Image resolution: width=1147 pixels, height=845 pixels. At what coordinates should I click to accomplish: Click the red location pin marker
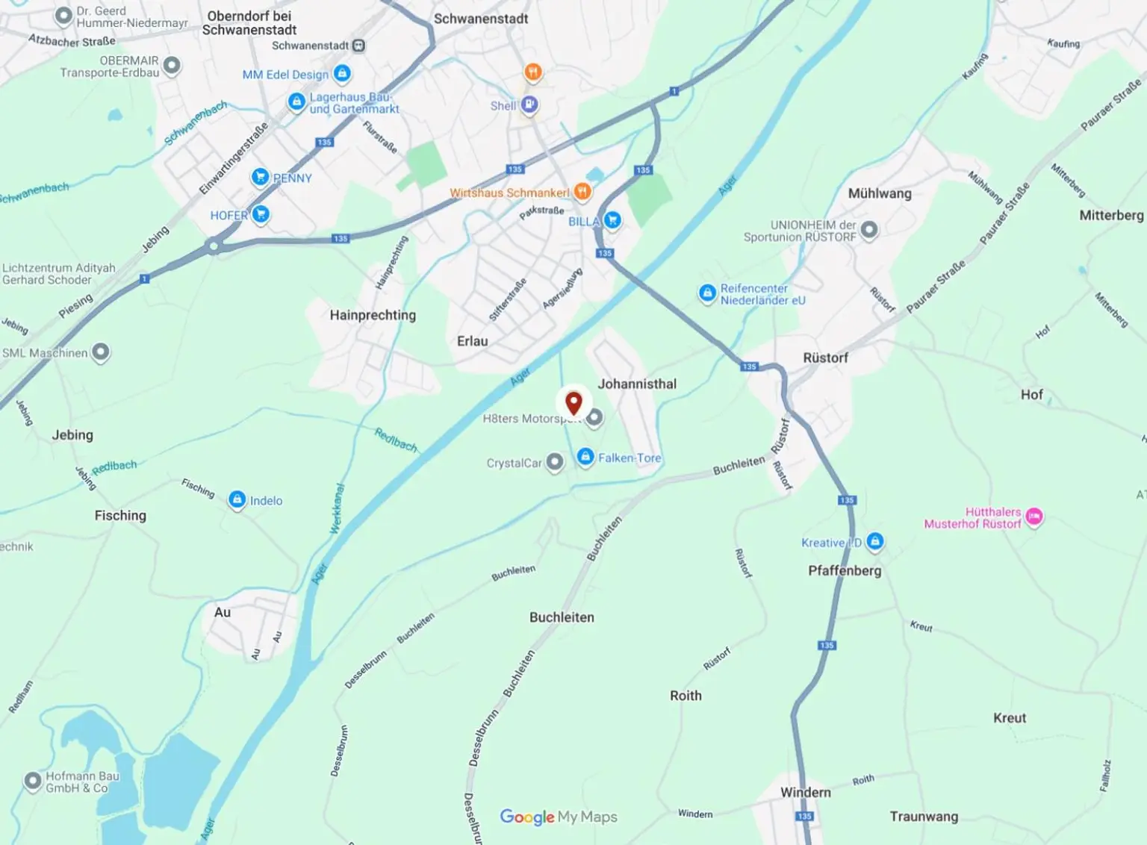pos(573,403)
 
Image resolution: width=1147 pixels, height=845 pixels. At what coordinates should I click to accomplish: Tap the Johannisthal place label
pos(637,384)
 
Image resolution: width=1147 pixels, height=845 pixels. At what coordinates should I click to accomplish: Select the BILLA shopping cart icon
pos(612,219)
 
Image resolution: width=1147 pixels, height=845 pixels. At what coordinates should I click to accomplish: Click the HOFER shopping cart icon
pos(261,214)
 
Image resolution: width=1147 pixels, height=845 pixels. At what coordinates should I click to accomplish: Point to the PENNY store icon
pos(260,176)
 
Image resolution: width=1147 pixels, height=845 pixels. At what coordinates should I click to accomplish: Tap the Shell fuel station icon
pos(529,105)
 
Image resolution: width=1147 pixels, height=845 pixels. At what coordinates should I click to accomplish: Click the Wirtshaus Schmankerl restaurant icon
pos(582,192)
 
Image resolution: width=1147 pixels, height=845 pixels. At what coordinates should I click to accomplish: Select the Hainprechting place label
pos(373,315)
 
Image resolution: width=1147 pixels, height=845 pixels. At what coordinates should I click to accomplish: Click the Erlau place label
pos(472,341)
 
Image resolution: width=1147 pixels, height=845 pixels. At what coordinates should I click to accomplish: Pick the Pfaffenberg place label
pos(845,570)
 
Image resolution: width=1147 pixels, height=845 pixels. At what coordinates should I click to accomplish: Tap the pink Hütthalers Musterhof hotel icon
pos(1034,516)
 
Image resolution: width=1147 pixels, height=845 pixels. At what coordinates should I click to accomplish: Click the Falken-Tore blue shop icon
pos(585,457)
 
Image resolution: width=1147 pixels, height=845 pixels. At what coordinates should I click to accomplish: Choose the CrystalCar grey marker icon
pos(555,462)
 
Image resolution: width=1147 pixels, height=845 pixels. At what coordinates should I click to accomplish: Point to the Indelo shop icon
pos(237,499)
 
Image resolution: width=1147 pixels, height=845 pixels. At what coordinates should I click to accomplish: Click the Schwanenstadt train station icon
pos(359,46)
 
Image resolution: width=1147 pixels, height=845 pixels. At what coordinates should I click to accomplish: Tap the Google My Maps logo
pos(559,817)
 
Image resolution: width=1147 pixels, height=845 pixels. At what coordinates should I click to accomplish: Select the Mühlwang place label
pos(880,193)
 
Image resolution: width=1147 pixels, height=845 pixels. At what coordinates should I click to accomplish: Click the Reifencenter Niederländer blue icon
pos(707,293)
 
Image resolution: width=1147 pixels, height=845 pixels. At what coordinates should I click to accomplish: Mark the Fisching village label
pos(120,515)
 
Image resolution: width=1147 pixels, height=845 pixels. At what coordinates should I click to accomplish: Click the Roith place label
pos(686,695)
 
